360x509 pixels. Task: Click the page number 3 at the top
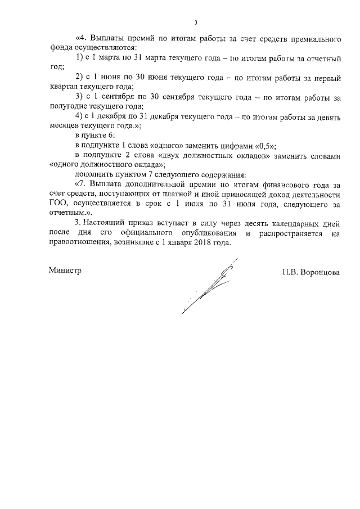[x=196, y=23]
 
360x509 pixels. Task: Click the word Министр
[x=65, y=270]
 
